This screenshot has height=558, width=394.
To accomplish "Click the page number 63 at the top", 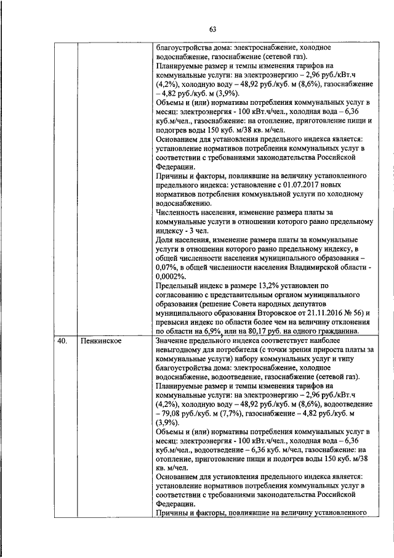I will pyautogui.click(x=212, y=29).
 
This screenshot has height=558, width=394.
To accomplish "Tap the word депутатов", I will pyautogui.click(x=334, y=304).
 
